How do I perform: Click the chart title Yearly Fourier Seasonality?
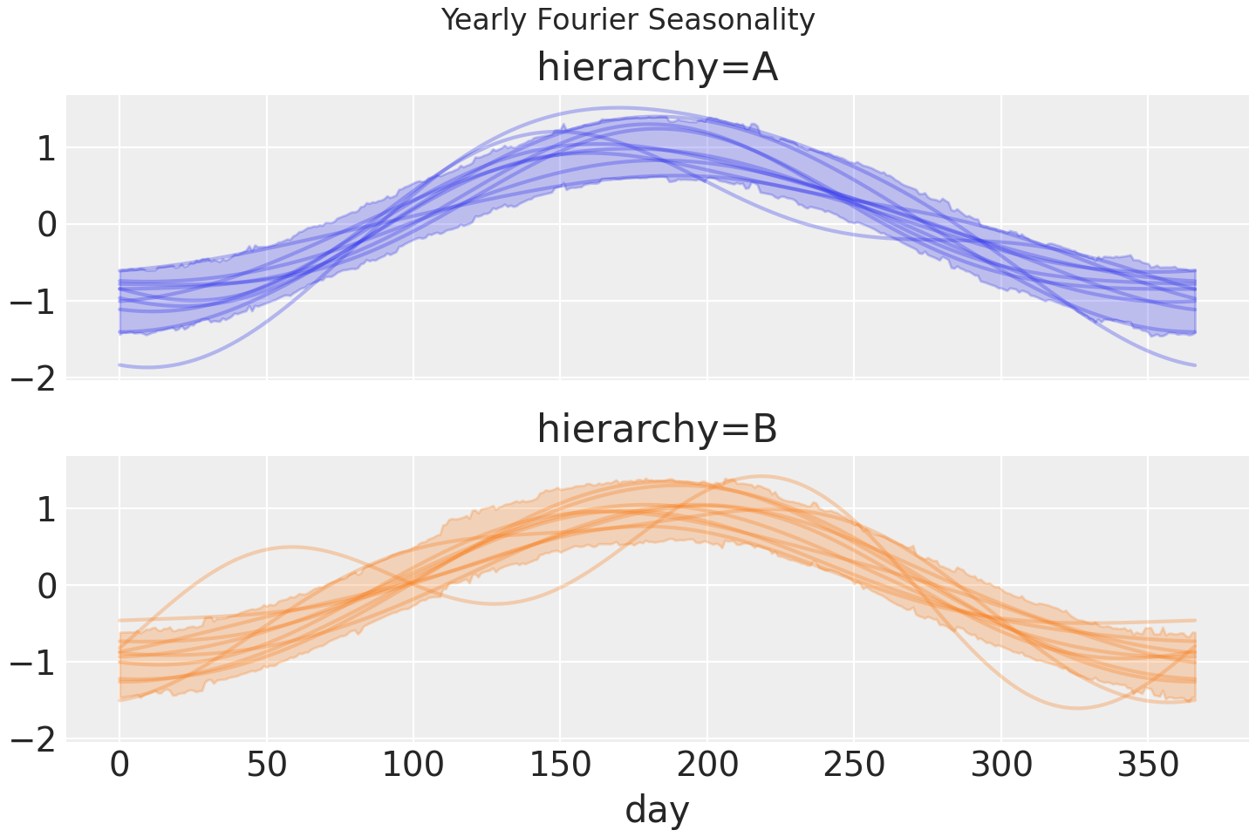click(628, 19)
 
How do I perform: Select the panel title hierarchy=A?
click(657, 68)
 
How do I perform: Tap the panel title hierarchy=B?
click(657, 429)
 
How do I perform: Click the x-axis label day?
click(657, 809)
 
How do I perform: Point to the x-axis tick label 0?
click(119, 766)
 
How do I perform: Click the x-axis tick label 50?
click(267, 766)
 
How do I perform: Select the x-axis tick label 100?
click(413, 766)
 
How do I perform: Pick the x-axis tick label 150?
click(560, 766)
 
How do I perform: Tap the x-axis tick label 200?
click(707, 766)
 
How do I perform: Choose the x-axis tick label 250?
click(854, 766)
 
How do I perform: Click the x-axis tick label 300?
click(1001, 766)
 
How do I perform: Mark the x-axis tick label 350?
click(1148, 766)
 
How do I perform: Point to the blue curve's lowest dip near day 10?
click(148, 367)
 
